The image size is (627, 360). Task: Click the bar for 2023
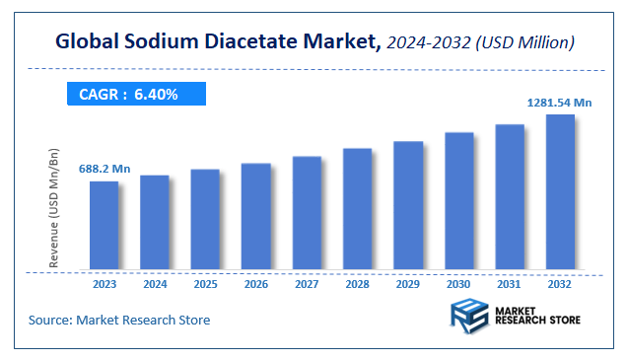click(104, 225)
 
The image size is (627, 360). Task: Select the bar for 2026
click(255, 216)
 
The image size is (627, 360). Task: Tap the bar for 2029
click(408, 205)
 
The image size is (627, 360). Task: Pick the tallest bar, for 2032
click(560, 191)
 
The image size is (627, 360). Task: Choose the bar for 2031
click(510, 196)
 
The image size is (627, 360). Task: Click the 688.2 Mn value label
click(104, 169)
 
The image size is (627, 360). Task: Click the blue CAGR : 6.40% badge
click(135, 94)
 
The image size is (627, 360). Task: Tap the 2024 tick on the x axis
click(155, 284)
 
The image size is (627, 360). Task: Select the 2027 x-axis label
click(307, 284)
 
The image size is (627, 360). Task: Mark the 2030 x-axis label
click(458, 284)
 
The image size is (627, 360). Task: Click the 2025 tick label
click(205, 284)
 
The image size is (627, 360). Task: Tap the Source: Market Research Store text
click(119, 321)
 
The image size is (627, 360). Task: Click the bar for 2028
click(357, 209)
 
